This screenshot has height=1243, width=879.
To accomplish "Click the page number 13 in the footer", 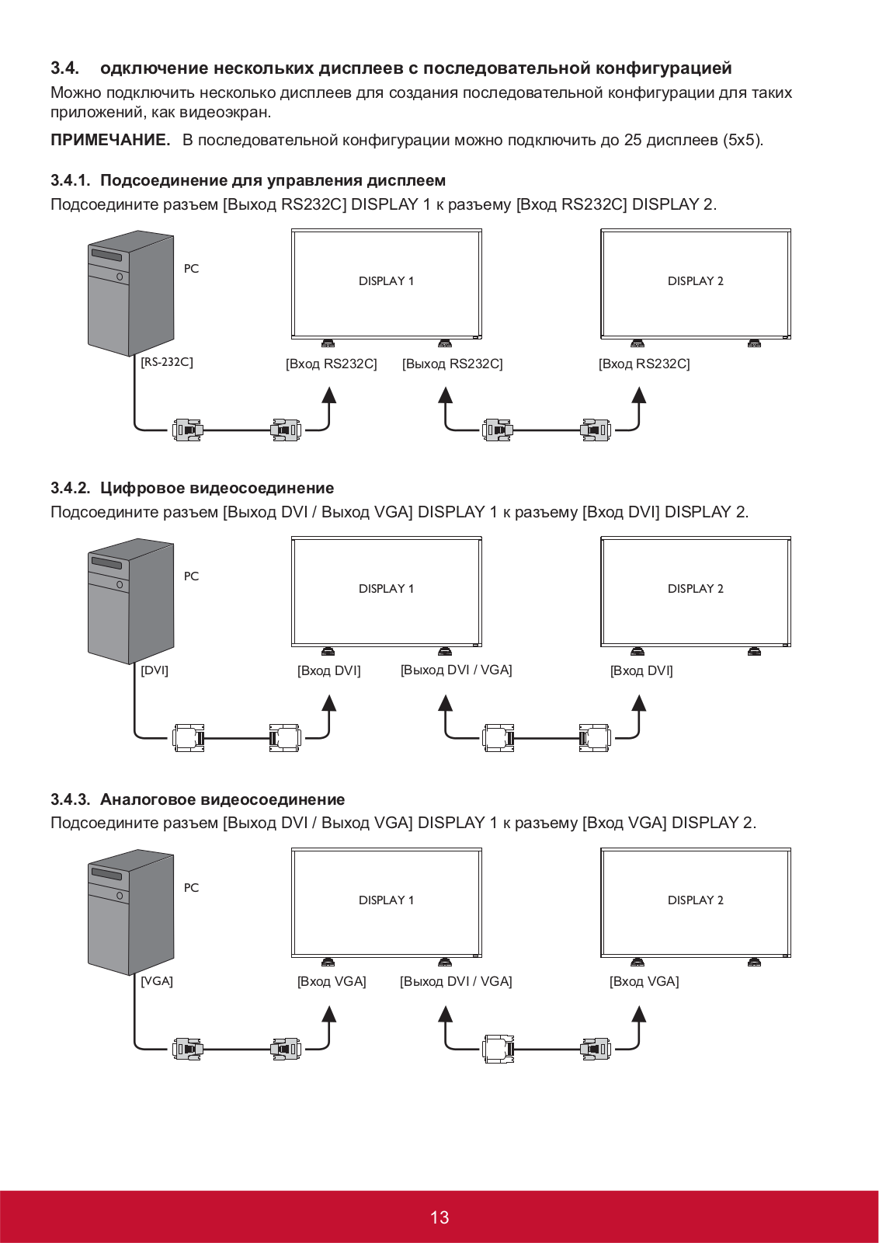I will (x=439, y=1217).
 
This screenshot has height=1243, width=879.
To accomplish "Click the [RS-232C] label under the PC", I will (x=166, y=362).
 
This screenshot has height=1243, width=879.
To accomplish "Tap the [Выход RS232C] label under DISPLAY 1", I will (x=452, y=364).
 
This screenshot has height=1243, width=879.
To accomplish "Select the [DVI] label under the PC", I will (x=154, y=670).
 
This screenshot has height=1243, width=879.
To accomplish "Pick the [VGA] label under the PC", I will (x=156, y=981).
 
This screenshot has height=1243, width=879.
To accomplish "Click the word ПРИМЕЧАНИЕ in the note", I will (x=110, y=140).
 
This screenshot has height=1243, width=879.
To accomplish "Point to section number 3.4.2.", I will (x=70, y=488).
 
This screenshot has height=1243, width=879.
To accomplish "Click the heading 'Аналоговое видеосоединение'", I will (x=222, y=799).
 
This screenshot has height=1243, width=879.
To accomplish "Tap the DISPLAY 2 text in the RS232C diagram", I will (x=695, y=281).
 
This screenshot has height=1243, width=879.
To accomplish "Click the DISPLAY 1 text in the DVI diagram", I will (x=386, y=589).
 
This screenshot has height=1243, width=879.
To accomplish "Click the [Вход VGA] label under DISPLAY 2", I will (x=644, y=981).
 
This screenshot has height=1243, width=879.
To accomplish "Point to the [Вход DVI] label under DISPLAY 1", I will (x=328, y=670).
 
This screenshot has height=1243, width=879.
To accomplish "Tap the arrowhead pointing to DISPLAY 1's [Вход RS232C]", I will (x=329, y=395).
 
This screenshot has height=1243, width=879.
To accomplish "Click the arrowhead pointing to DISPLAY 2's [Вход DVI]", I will (x=639, y=703).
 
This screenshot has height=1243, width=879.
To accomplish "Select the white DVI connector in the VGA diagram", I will (x=498, y=1049).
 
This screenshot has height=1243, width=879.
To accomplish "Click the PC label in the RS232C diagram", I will (x=191, y=269).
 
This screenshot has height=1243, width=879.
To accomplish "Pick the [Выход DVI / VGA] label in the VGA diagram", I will (x=456, y=981).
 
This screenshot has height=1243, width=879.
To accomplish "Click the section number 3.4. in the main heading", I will (x=64, y=68).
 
